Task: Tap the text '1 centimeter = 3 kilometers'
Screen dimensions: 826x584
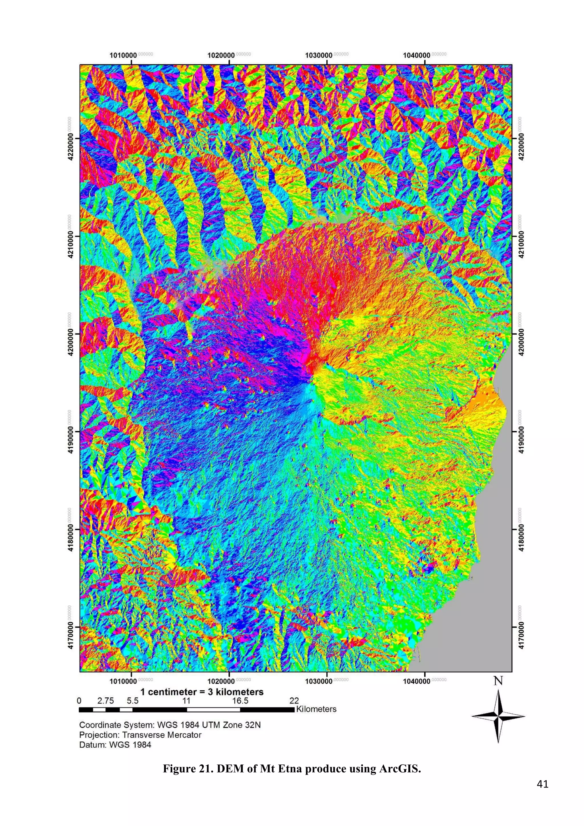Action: [x=202, y=692]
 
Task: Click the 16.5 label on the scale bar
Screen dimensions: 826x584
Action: [x=240, y=701]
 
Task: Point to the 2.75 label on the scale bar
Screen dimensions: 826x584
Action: [x=106, y=701]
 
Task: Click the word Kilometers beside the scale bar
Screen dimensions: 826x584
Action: [x=316, y=709]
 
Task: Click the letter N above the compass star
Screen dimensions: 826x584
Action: [x=498, y=681]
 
